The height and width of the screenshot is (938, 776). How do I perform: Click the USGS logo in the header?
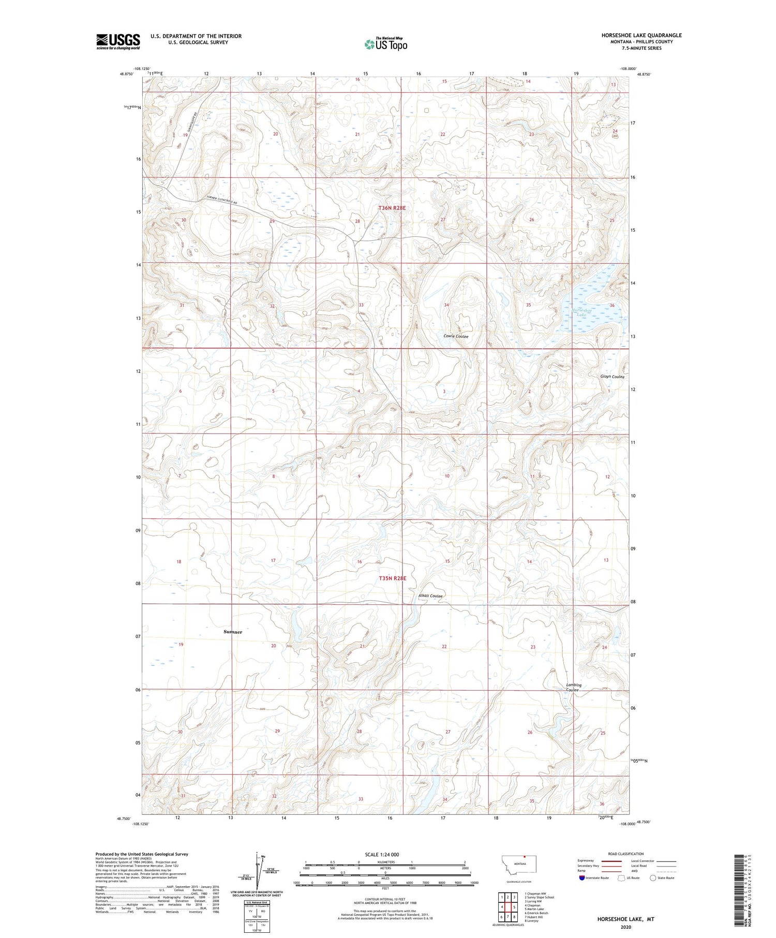[x=117, y=41]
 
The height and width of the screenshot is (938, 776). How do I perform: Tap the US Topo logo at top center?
[x=385, y=44]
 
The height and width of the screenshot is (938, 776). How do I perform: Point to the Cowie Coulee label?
[x=455, y=336]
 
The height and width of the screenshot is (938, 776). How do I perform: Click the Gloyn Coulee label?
[x=612, y=377]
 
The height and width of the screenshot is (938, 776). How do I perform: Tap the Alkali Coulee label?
[x=430, y=596]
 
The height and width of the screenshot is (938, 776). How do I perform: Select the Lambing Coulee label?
[x=573, y=687]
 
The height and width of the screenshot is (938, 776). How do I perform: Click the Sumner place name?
[x=232, y=632]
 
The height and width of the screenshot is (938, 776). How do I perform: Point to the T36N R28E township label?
[x=392, y=207]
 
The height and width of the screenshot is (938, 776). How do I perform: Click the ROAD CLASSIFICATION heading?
[x=625, y=854]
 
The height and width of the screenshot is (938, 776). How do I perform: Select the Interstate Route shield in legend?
[x=582, y=878]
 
